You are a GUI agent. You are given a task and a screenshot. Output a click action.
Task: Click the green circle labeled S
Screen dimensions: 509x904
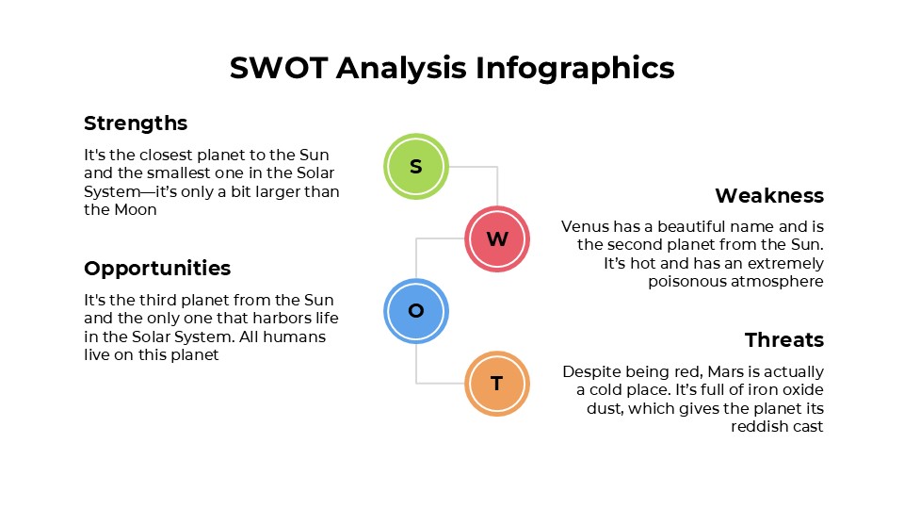click(x=416, y=167)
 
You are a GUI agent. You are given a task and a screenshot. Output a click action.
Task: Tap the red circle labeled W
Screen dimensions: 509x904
click(x=497, y=238)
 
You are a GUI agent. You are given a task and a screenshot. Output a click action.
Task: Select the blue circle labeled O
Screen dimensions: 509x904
click(x=416, y=311)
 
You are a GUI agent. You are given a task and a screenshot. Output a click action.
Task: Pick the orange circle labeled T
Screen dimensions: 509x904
click(x=497, y=384)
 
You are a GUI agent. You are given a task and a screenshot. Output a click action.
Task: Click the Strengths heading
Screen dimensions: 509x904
click(x=136, y=123)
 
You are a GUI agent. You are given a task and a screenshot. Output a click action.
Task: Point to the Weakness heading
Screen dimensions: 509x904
click(x=769, y=196)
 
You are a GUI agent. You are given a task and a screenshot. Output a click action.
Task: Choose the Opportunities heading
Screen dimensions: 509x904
click(x=157, y=269)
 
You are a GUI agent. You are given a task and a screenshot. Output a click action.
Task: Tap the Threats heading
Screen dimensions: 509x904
click(x=783, y=340)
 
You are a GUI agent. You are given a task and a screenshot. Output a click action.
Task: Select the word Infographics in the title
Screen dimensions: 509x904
click(x=575, y=68)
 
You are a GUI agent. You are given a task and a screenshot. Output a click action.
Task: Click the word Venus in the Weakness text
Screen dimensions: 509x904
click(x=584, y=226)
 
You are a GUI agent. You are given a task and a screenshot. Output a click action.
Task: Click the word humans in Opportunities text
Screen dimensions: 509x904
click(x=298, y=337)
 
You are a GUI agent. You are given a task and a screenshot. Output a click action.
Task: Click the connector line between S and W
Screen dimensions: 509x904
click(x=497, y=184)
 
